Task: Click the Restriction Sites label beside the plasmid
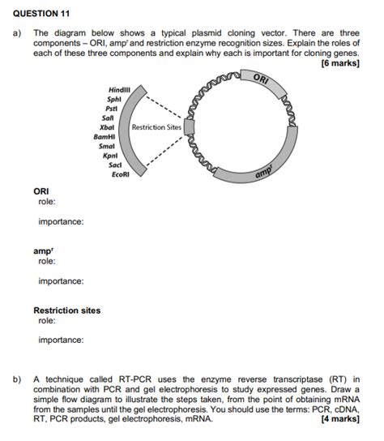(156, 127)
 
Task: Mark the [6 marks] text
(339, 62)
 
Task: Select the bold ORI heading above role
(41, 191)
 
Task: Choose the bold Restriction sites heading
(66, 310)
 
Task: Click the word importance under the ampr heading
(61, 281)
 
